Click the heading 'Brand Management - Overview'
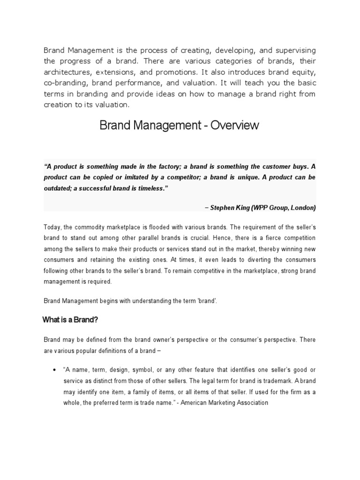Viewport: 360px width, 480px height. point(179,126)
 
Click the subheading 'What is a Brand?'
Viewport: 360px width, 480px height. point(70,320)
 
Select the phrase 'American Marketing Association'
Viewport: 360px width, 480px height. point(228,402)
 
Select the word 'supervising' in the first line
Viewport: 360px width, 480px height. point(292,50)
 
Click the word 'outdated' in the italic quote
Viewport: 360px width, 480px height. point(59,188)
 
